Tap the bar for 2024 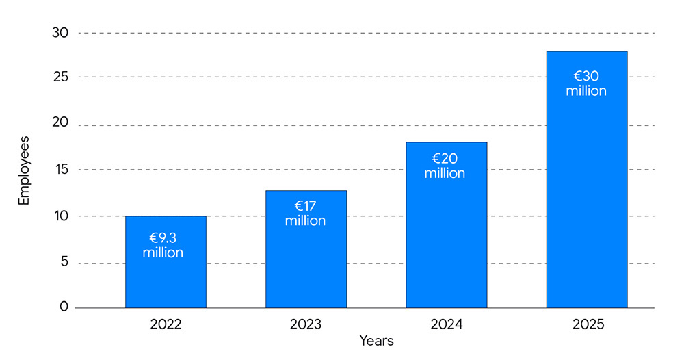coord(446,240)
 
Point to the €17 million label coord(305,214)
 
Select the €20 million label coord(445,166)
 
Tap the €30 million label coord(586,83)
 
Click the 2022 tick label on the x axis coord(166,324)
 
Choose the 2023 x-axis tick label coord(306,324)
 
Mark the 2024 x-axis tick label coord(446,324)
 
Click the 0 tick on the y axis coord(64,307)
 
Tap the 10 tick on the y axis coord(62,216)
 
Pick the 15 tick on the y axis coord(62,170)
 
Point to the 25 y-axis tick coord(61,77)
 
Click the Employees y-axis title coord(25,171)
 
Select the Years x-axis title coord(376,341)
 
